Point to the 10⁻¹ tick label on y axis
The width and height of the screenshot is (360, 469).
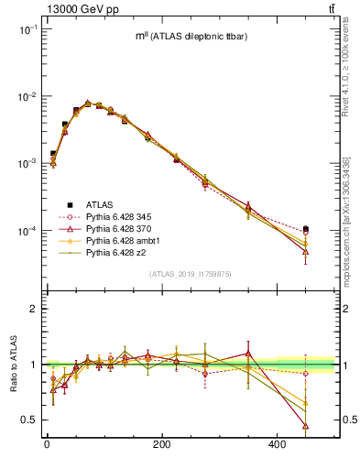click(x=27, y=29)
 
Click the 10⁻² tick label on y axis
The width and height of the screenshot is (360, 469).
click(x=27, y=96)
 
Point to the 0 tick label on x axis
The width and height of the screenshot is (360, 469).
click(x=47, y=445)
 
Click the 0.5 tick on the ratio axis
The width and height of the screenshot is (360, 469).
click(x=29, y=420)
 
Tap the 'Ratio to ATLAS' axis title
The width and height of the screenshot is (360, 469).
click(x=11, y=365)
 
